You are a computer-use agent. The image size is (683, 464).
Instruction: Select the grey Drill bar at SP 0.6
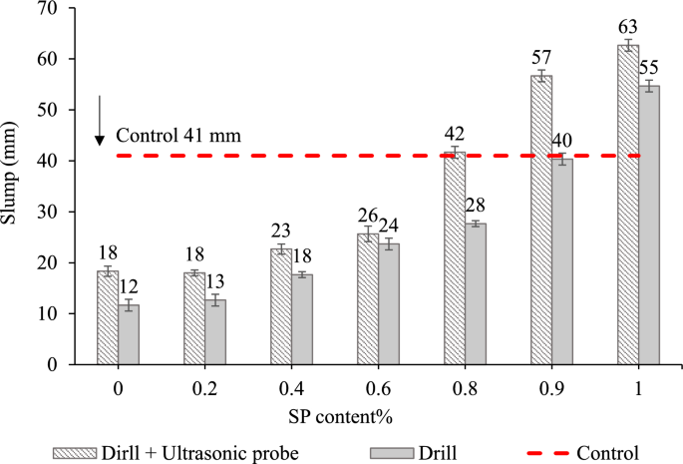pos(389,303)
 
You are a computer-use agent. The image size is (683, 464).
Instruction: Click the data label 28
pos(476,206)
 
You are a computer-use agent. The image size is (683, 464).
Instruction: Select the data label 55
pos(649,68)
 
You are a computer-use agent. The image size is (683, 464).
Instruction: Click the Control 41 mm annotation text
pos(178,136)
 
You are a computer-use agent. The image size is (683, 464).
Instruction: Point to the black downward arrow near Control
pos(100,121)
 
